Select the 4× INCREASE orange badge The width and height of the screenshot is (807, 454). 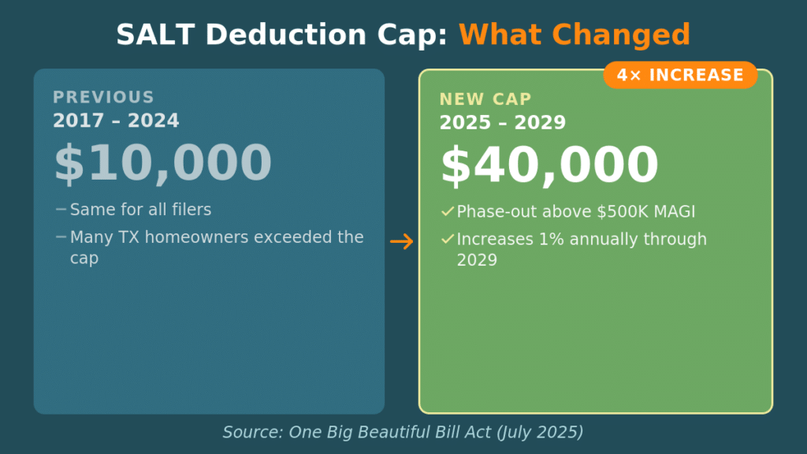pos(680,75)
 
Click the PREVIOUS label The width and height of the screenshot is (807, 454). pos(103,98)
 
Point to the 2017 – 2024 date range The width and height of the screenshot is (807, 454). pos(116,121)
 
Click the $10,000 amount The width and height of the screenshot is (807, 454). pos(162,163)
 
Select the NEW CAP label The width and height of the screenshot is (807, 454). pos(485,99)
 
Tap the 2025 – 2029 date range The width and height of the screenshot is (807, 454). pos(503,123)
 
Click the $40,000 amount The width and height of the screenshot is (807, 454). pos(549,166)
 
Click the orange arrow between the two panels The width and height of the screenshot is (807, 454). pos(402,242)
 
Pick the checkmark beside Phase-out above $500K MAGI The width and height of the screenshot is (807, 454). pos(448,211)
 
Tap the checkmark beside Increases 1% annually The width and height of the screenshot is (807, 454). pos(448,239)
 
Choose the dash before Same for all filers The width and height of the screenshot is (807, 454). pos(61,210)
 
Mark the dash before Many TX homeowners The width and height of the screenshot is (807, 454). pos(61,236)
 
